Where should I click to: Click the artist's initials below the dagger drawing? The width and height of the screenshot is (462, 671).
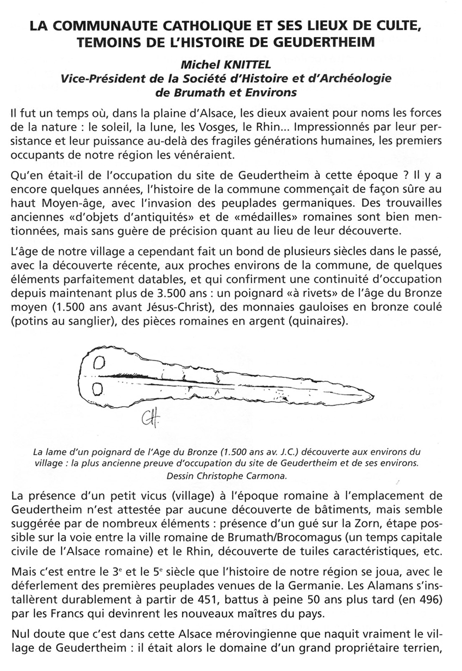click(x=147, y=419)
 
